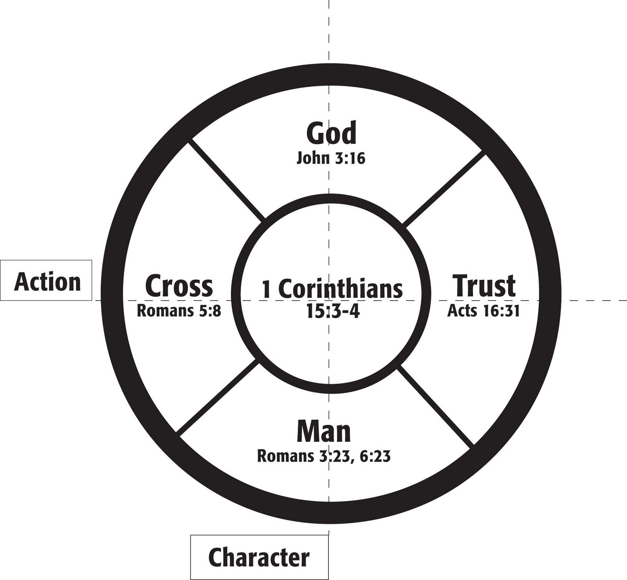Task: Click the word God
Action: pos(331,133)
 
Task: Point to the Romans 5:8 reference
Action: pos(179,311)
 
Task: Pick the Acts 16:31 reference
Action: pos(484,311)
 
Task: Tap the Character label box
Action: pos(259,557)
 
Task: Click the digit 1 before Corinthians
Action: pos(266,289)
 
